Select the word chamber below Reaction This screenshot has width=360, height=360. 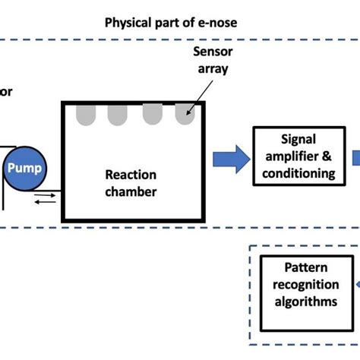coord(131,191)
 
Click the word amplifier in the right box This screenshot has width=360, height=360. coord(291,156)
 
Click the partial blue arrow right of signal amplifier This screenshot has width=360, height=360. coord(355,159)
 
